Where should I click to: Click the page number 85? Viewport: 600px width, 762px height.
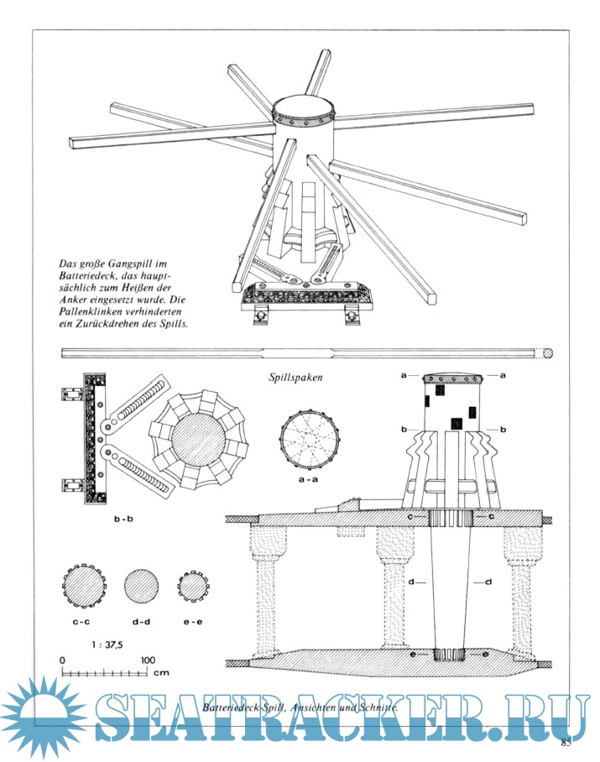pyautogui.click(x=566, y=742)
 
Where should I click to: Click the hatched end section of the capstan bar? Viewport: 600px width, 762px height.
pyautogui.click(x=548, y=352)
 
